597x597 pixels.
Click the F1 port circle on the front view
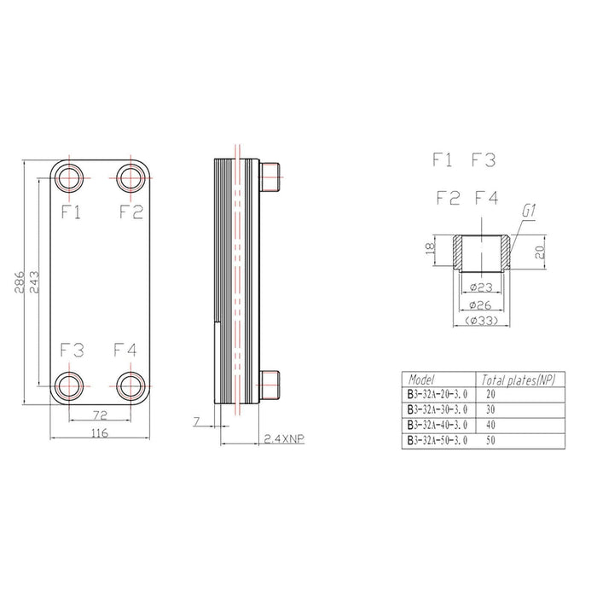pyautogui.click(x=69, y=178)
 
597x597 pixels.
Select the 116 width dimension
pyautogui.click(x=99, y=433)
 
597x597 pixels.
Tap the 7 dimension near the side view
pyautogui.click(x=197, y=421)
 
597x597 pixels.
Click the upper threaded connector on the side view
pyautogui.click(x=271, y=175)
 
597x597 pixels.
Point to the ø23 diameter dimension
pyautogui.click(x=484, y=287)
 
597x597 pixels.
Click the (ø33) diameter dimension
pyautogui.click(x=484, y=321)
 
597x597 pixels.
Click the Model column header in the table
pyautogui.click(x=423, y=380)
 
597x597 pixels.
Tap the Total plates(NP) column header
pyautogui.click(x=519, y=380)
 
